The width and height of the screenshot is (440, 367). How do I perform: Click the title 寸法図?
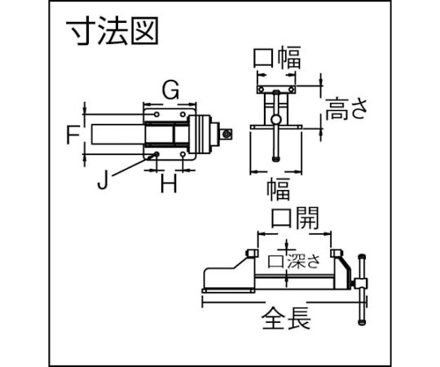pyautogui.click(x=112, y=31)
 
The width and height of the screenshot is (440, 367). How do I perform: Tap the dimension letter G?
pyautogui.click(x=170, y=91)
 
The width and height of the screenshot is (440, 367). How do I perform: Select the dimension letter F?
pyautogui.click(x=73, y=135)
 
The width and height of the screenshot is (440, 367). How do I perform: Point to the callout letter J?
pyautogui.click(x=103, y=180)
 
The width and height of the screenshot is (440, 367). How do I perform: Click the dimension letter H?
pyautogui.click(x=169, y=183)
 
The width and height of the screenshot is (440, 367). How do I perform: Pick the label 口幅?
pyautogui.click(x=277, y=58)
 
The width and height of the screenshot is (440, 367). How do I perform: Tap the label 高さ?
pyautogui.click(x=346, y=109)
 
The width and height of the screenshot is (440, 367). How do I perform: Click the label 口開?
pyautogui.click(x=295, y=218)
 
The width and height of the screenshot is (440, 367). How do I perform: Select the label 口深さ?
pyautogui.click(x=294, y=261)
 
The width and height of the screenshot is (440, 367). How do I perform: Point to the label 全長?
pyautogui.click(x=286, y=318)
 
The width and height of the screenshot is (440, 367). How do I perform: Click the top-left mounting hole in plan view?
pyautogui.click(x=156, y=114)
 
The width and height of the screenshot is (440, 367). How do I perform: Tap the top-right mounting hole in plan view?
pyautogui.click(x=183, y=114)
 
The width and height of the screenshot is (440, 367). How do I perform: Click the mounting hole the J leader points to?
pyautogui.click(x=156, y=154)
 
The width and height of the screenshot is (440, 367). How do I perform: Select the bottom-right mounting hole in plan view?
pyautogui.click(x=183, y=154)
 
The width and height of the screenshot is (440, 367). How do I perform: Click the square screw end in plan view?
pyautogui.click(x=226, y=135)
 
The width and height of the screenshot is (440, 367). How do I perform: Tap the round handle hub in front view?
pyautogui.click(x=276, y=120)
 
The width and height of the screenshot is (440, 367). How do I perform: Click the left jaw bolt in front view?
pyautogui.click(x=261, y=90)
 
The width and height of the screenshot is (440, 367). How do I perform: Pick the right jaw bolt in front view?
pyautogui.click(x=292, y=90)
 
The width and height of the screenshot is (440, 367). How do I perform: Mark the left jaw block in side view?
pyautogui.click(x=252, y=253)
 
